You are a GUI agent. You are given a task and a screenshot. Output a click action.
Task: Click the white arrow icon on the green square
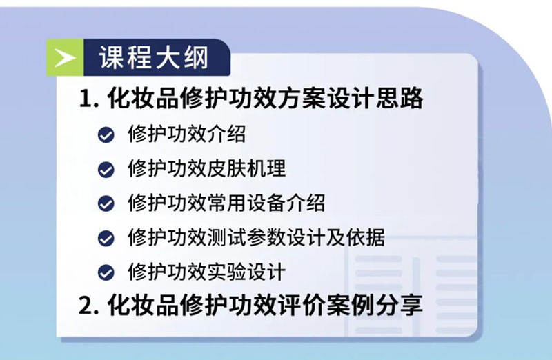tap(65, 58)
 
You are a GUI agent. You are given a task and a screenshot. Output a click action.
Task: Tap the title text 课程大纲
tap(154, 57)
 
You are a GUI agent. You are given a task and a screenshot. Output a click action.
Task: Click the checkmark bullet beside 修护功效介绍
tap(106, 134)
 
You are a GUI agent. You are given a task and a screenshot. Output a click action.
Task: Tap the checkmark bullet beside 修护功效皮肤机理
tap(106, 169)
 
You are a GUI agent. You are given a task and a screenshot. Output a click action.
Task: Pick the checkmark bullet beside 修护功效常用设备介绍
tap(106, 203)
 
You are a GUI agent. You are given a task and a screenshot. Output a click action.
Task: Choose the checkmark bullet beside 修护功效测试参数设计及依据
tap(106, 238)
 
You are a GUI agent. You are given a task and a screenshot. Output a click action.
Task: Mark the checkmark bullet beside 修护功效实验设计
tap(106, 272)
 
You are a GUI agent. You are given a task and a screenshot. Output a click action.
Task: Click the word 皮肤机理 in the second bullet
tap(246, 168)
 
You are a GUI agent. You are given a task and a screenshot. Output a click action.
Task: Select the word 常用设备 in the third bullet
tap(246, 203)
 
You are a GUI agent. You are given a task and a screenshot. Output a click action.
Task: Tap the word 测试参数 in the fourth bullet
tap(246, 237)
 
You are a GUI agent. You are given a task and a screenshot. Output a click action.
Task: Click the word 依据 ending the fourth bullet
tap(366, 237)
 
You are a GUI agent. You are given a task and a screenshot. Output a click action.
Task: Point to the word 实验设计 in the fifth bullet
tap(246, 272)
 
